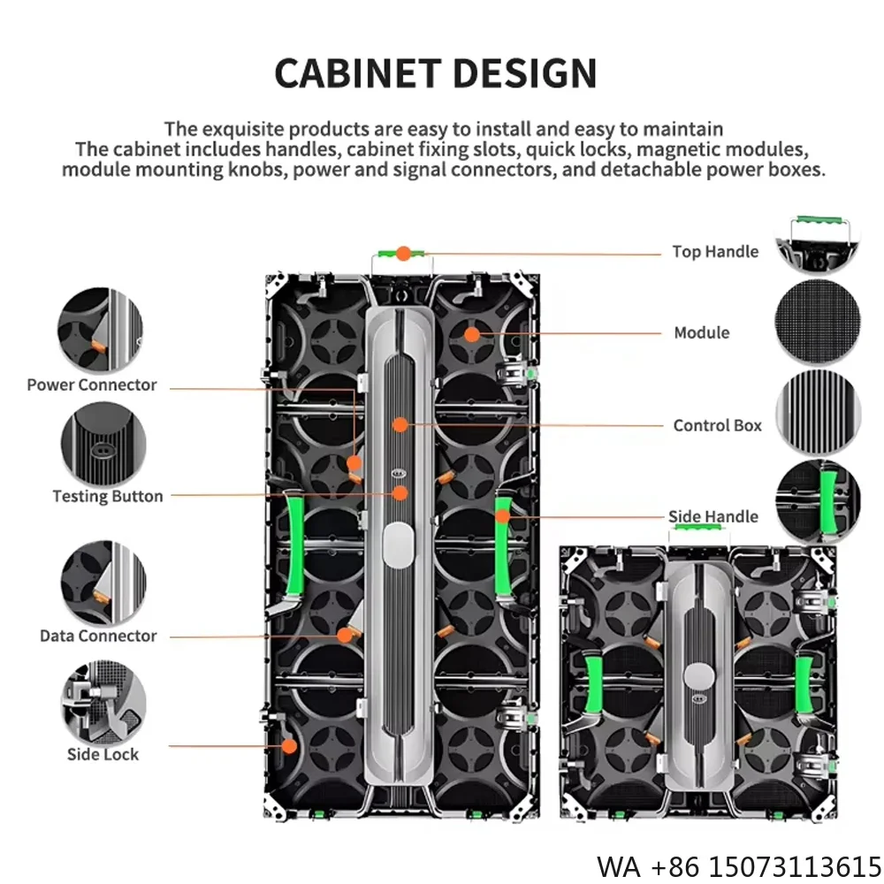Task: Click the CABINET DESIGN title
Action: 435,72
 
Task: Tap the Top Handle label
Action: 715,252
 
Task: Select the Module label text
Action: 702,333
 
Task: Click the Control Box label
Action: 717,425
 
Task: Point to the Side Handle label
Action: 713,516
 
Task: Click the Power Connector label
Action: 91,385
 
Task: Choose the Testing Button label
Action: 108,496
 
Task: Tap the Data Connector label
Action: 98,636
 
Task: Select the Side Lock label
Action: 103,754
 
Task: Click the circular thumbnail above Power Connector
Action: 100,330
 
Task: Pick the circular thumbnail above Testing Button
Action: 103,444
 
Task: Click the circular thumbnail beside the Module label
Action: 818,323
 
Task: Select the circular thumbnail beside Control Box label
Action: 818,414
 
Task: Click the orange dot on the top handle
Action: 403,254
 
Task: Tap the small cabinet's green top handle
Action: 698,529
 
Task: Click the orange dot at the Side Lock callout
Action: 289,746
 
